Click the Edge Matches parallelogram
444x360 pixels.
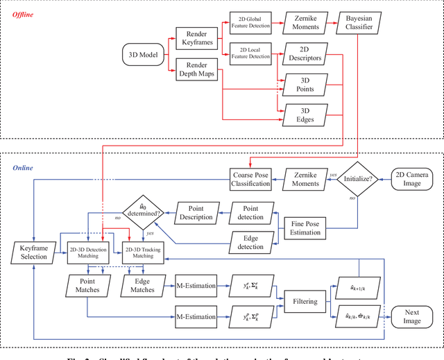(x=143, y=284)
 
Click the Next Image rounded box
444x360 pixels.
(x=412, y=316)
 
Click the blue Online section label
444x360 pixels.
(x=23, y=168)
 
